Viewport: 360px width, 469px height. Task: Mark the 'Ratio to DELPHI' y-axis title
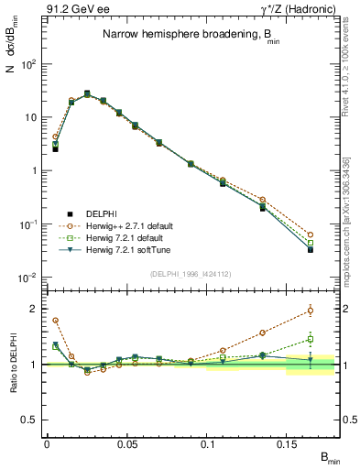click(13, 365)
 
